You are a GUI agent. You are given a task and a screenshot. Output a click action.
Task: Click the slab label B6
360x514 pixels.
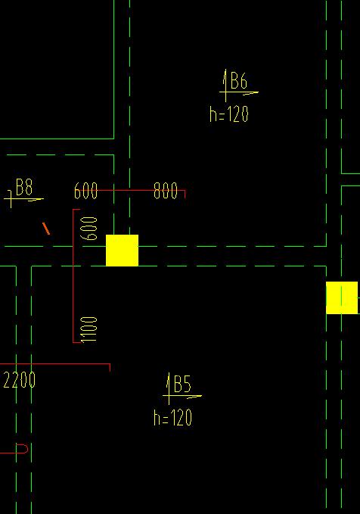click(x=239, y=81)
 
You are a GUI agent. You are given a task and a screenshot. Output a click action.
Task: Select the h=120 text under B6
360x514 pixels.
click(x=229, y=114)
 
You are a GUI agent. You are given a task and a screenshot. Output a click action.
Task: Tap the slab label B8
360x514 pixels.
click(x=24, y=187)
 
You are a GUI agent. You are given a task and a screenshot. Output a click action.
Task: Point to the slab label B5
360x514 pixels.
click(x=182, y=385)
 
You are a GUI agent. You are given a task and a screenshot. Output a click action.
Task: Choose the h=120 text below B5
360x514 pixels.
click(x=172, y=418)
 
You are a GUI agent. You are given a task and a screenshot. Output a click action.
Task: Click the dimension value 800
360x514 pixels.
click(x=166, y=191)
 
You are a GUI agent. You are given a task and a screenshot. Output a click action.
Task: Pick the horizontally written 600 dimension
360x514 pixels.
click(x=85, y=191)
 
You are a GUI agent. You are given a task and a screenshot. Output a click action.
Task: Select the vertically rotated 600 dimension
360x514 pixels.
click(x=89, y=229)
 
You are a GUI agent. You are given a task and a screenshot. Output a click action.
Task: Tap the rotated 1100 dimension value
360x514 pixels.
click(x=89, y=329)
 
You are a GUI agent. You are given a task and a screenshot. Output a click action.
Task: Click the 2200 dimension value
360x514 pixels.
click(x=20, y=380)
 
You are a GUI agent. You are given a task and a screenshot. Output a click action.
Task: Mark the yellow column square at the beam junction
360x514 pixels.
click(x=123, y=251)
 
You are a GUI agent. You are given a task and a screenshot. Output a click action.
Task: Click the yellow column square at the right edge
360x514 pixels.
click(x=342, y=297)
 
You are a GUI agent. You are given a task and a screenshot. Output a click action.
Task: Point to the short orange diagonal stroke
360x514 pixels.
click(x=46, y=229)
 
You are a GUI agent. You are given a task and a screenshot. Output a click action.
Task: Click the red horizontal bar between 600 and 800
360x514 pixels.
click(x=141, y=190)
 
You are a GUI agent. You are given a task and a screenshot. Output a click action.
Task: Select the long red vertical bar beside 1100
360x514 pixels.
click(x=73, y=276)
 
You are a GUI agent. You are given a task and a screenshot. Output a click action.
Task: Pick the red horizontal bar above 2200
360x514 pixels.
click(x=55, y=364)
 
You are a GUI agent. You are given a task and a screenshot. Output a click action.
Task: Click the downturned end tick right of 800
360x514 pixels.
click(x=185, y=195)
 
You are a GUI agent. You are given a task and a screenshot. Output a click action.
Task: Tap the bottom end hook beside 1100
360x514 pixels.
click(x=76, y=343)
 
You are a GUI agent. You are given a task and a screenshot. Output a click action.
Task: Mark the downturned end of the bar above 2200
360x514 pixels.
click(x=110, y=367)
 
